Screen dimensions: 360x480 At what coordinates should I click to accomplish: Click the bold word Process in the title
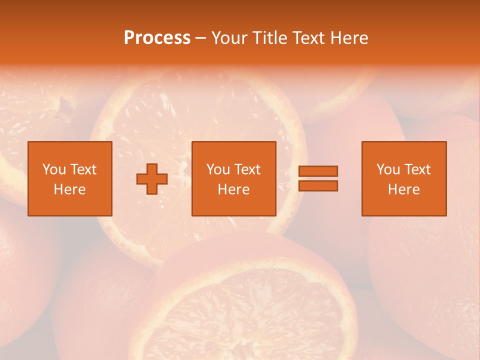(x=157, y=38)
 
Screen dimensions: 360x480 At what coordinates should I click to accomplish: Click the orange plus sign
(x=152, y=179)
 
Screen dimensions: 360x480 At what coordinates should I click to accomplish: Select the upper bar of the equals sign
(x=318, y=171)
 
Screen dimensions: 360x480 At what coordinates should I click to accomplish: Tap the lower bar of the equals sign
(x=318, y=186)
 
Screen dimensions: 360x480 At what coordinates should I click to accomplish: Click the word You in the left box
(x=54, y=169)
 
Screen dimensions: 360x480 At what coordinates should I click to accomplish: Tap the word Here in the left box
(x=70, y=189)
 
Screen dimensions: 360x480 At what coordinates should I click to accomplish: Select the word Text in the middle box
(x=247, y=169)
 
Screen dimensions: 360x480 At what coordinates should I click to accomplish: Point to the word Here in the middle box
(x=234, y=189)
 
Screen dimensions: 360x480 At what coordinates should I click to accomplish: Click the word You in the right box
(x=388, y=169)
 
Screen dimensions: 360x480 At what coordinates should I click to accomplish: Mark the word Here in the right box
(x=404, y=189)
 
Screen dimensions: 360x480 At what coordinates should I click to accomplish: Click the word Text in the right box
(x=417, y=169)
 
